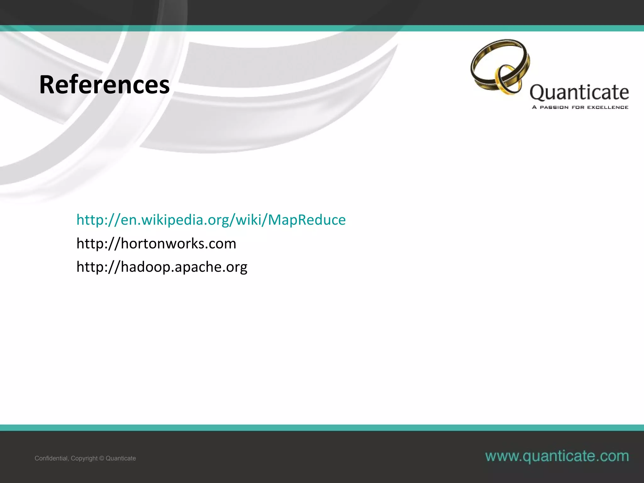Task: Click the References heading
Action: (104, 85)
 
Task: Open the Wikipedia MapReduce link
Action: (211, 219)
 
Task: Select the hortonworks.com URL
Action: (156, 243)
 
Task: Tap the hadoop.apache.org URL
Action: (162, 267)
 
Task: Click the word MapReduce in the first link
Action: (307, 219)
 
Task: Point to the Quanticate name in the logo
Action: (579, 92)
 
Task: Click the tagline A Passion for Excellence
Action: (580, 107)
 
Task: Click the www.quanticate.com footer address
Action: (557, 456)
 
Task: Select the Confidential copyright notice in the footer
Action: (85, 458)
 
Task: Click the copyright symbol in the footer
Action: (102, 458)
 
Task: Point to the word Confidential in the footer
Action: (51, 458)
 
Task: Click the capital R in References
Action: (47, 85)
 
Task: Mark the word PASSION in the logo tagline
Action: (554, 107)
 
